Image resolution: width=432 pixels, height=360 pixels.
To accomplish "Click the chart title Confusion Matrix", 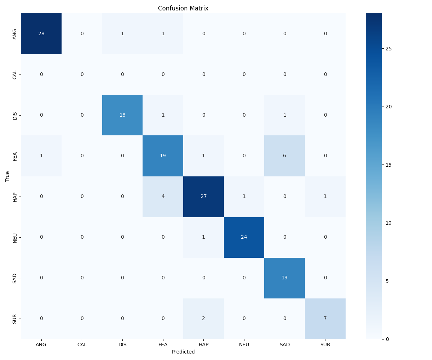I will (183, 8).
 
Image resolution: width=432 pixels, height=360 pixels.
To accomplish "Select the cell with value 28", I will (41, 33).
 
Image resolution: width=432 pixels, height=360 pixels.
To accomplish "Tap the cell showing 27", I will (203, 197).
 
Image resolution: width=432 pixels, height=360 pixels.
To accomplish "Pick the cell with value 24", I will (244, 237).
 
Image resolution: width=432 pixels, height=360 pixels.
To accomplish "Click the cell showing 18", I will (122, 115).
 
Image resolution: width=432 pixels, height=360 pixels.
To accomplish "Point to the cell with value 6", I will (284, 156).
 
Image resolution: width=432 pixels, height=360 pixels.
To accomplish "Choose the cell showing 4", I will (163, 197).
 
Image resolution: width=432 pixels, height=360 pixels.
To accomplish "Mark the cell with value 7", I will (325, 319).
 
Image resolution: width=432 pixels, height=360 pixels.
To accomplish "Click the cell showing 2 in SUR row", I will (203, 319).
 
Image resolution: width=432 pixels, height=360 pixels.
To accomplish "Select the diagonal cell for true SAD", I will (284, 278).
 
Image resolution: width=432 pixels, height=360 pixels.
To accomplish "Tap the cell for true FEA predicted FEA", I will (163, 156).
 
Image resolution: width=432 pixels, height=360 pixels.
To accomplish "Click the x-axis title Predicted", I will (183, 352).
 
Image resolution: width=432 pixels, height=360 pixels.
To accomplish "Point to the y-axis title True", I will (7, 176).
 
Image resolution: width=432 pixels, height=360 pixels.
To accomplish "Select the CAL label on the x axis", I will (82, 344).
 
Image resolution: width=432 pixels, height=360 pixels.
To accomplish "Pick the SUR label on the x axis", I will (325, 344).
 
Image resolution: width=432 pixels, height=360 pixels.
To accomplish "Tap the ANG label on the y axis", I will (15, 34).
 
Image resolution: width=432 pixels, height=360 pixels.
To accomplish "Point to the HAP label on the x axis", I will (203, 344).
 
